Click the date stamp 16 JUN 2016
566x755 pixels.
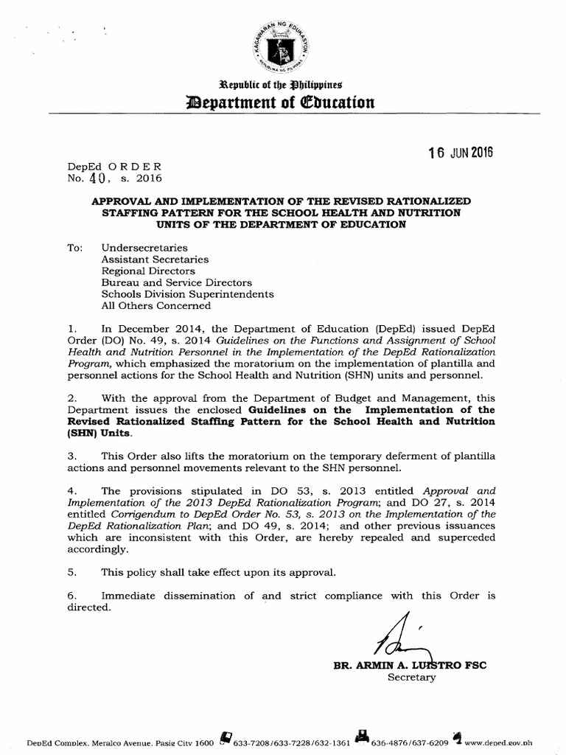point(461,153)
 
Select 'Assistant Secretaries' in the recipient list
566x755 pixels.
point(154,260)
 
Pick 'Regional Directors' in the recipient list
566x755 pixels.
point(147,271)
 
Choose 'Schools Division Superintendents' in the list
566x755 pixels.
point(187,293)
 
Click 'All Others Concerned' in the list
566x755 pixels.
point(156,305)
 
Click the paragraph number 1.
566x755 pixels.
point(71,328)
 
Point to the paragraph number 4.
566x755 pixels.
point(71,490)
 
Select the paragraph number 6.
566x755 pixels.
point(71,595)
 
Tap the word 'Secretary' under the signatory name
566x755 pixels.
point(412,677)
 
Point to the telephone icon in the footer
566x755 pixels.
point(226,738)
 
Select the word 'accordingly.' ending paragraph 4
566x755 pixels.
point(97,549)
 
